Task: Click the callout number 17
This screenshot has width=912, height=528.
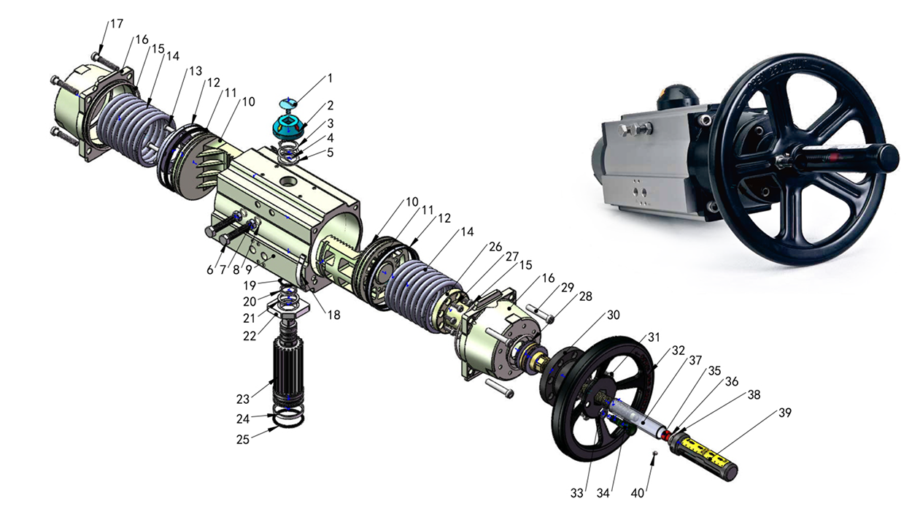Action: [117, 23]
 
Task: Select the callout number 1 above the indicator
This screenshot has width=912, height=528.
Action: [329, 77]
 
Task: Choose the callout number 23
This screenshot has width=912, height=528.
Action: [242, 399]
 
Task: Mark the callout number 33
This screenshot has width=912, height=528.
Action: [577, 493]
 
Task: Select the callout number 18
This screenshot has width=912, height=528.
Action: [333, 316]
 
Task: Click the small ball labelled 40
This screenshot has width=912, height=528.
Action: [655, 454]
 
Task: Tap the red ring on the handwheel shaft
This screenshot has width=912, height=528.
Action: [665, 434]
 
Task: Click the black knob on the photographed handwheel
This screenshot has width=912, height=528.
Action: [886, 155]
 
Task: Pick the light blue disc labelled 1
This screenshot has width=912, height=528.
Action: [290, 103]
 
